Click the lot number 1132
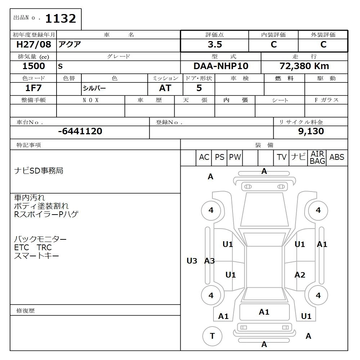(60, 19)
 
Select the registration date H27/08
(34, 45)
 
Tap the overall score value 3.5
(215, 45)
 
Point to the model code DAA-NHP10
(221, 66)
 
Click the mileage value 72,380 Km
(304, 66)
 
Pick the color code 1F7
(33, 88)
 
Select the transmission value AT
(165, 88)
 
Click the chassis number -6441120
(80, 131)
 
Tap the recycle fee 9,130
(311, 131)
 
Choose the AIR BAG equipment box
(317, 158)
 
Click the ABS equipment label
(337, 157)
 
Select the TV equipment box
(282, 157)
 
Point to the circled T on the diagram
(212, 336)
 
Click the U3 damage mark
(192, 261)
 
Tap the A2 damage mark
(300, 275)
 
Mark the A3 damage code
(210, 261)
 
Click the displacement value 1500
(33, 66)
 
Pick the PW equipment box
(235, 157)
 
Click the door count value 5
(199, 88)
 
